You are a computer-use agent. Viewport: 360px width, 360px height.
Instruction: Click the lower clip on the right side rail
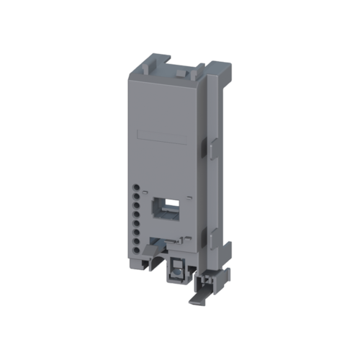click(x=204, y=234)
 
